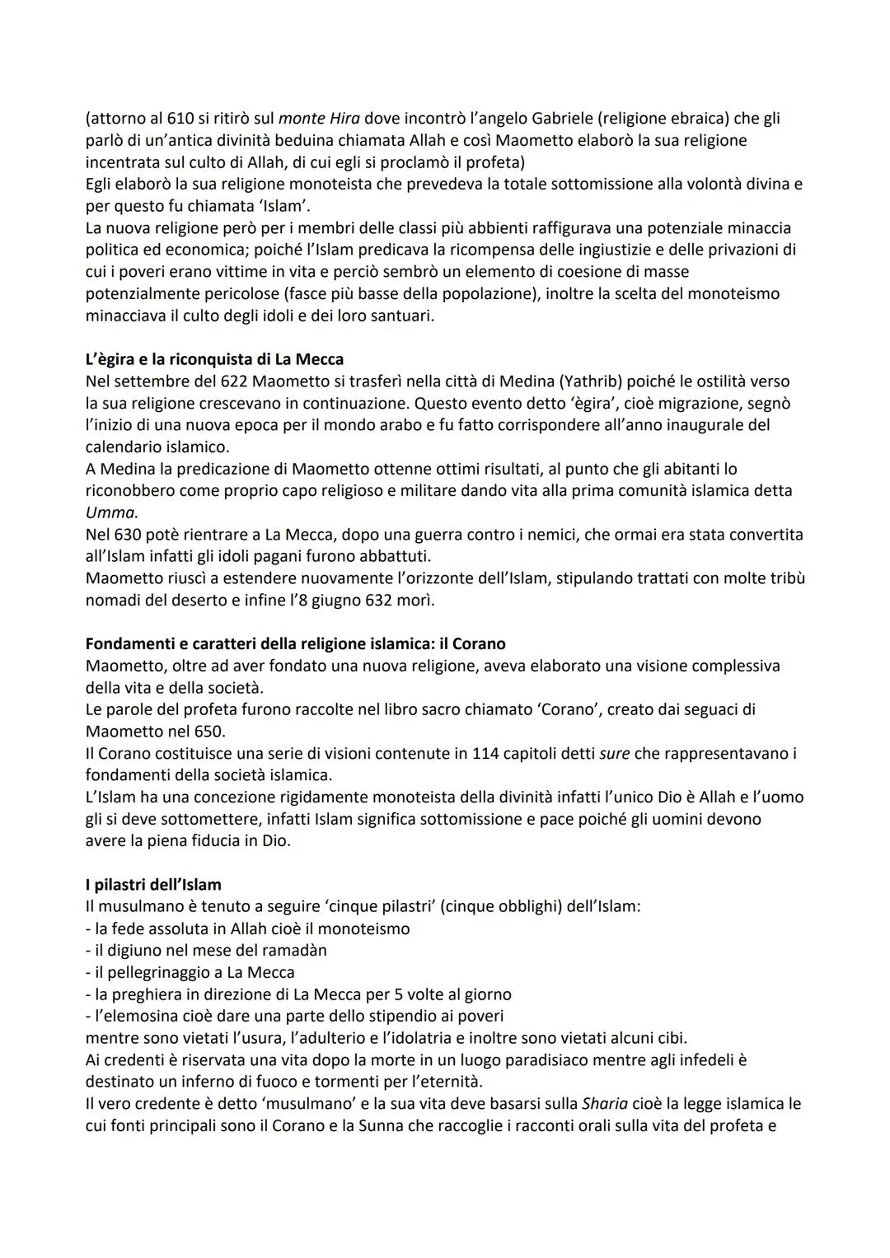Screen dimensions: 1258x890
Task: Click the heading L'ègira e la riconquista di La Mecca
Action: click(214, 359)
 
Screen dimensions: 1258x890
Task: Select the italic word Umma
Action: click(111, 512)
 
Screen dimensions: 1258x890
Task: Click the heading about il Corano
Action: click(295, 643)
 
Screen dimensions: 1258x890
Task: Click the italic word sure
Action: click(615, 753)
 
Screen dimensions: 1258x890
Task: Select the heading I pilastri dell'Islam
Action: click(153, 885)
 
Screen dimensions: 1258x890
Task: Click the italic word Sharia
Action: click(605, 1104)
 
